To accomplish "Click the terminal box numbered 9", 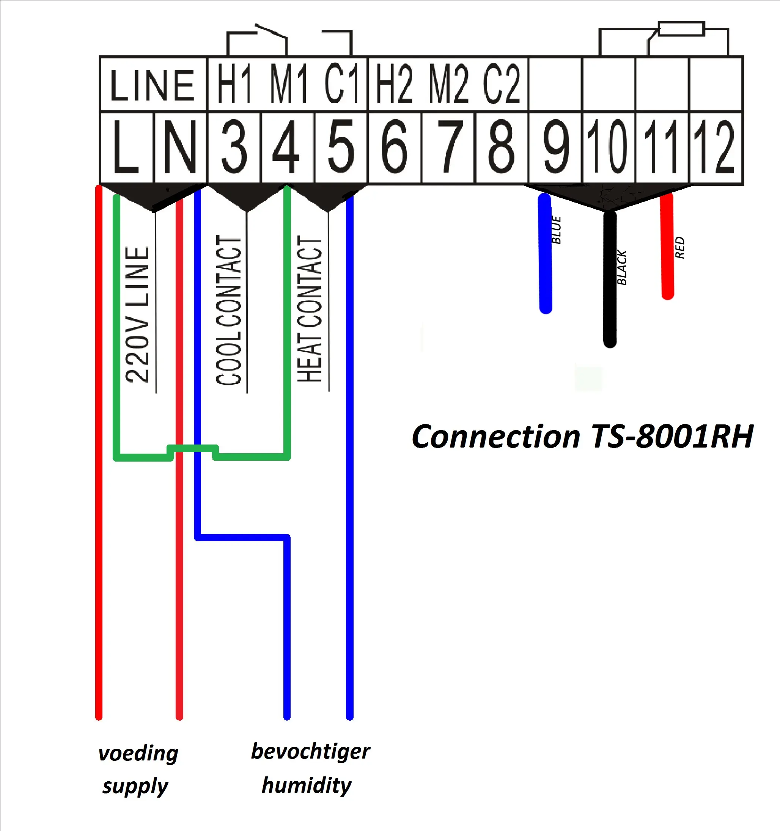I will [555, 147].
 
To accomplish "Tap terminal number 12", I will [715, 147].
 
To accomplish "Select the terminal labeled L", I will [126, 147].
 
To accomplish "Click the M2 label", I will [448, 85].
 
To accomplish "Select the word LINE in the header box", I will [153, 85].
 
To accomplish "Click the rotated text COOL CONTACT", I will [229, 309].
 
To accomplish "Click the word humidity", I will [307, 785].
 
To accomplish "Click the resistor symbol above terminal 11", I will [681, 29].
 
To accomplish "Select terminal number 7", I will [448, 147].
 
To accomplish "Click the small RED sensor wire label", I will [680, 247].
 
